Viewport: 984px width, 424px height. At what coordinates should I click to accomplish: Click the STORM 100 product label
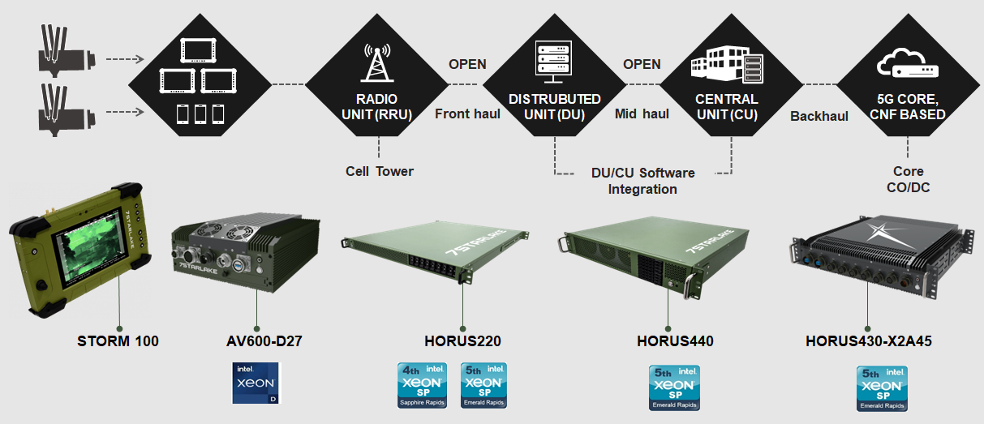coord(118,341)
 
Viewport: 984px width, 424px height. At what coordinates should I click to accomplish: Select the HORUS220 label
coord(462,341)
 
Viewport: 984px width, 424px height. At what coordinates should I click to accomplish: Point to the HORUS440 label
coord(675,341)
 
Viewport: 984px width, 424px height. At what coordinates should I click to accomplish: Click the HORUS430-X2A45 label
coord(869,341)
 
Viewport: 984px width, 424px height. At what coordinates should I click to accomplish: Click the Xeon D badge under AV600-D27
coord(256,383)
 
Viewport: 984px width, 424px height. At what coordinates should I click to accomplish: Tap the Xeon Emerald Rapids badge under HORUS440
coord(674,388)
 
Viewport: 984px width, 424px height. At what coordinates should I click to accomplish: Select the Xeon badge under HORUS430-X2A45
coord(882,388)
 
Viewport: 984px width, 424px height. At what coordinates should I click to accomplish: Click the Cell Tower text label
coord(379,171)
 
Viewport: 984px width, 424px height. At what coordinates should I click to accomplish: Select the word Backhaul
coord(819,116)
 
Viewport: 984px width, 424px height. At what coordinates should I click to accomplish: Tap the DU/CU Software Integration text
coord(642,181)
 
